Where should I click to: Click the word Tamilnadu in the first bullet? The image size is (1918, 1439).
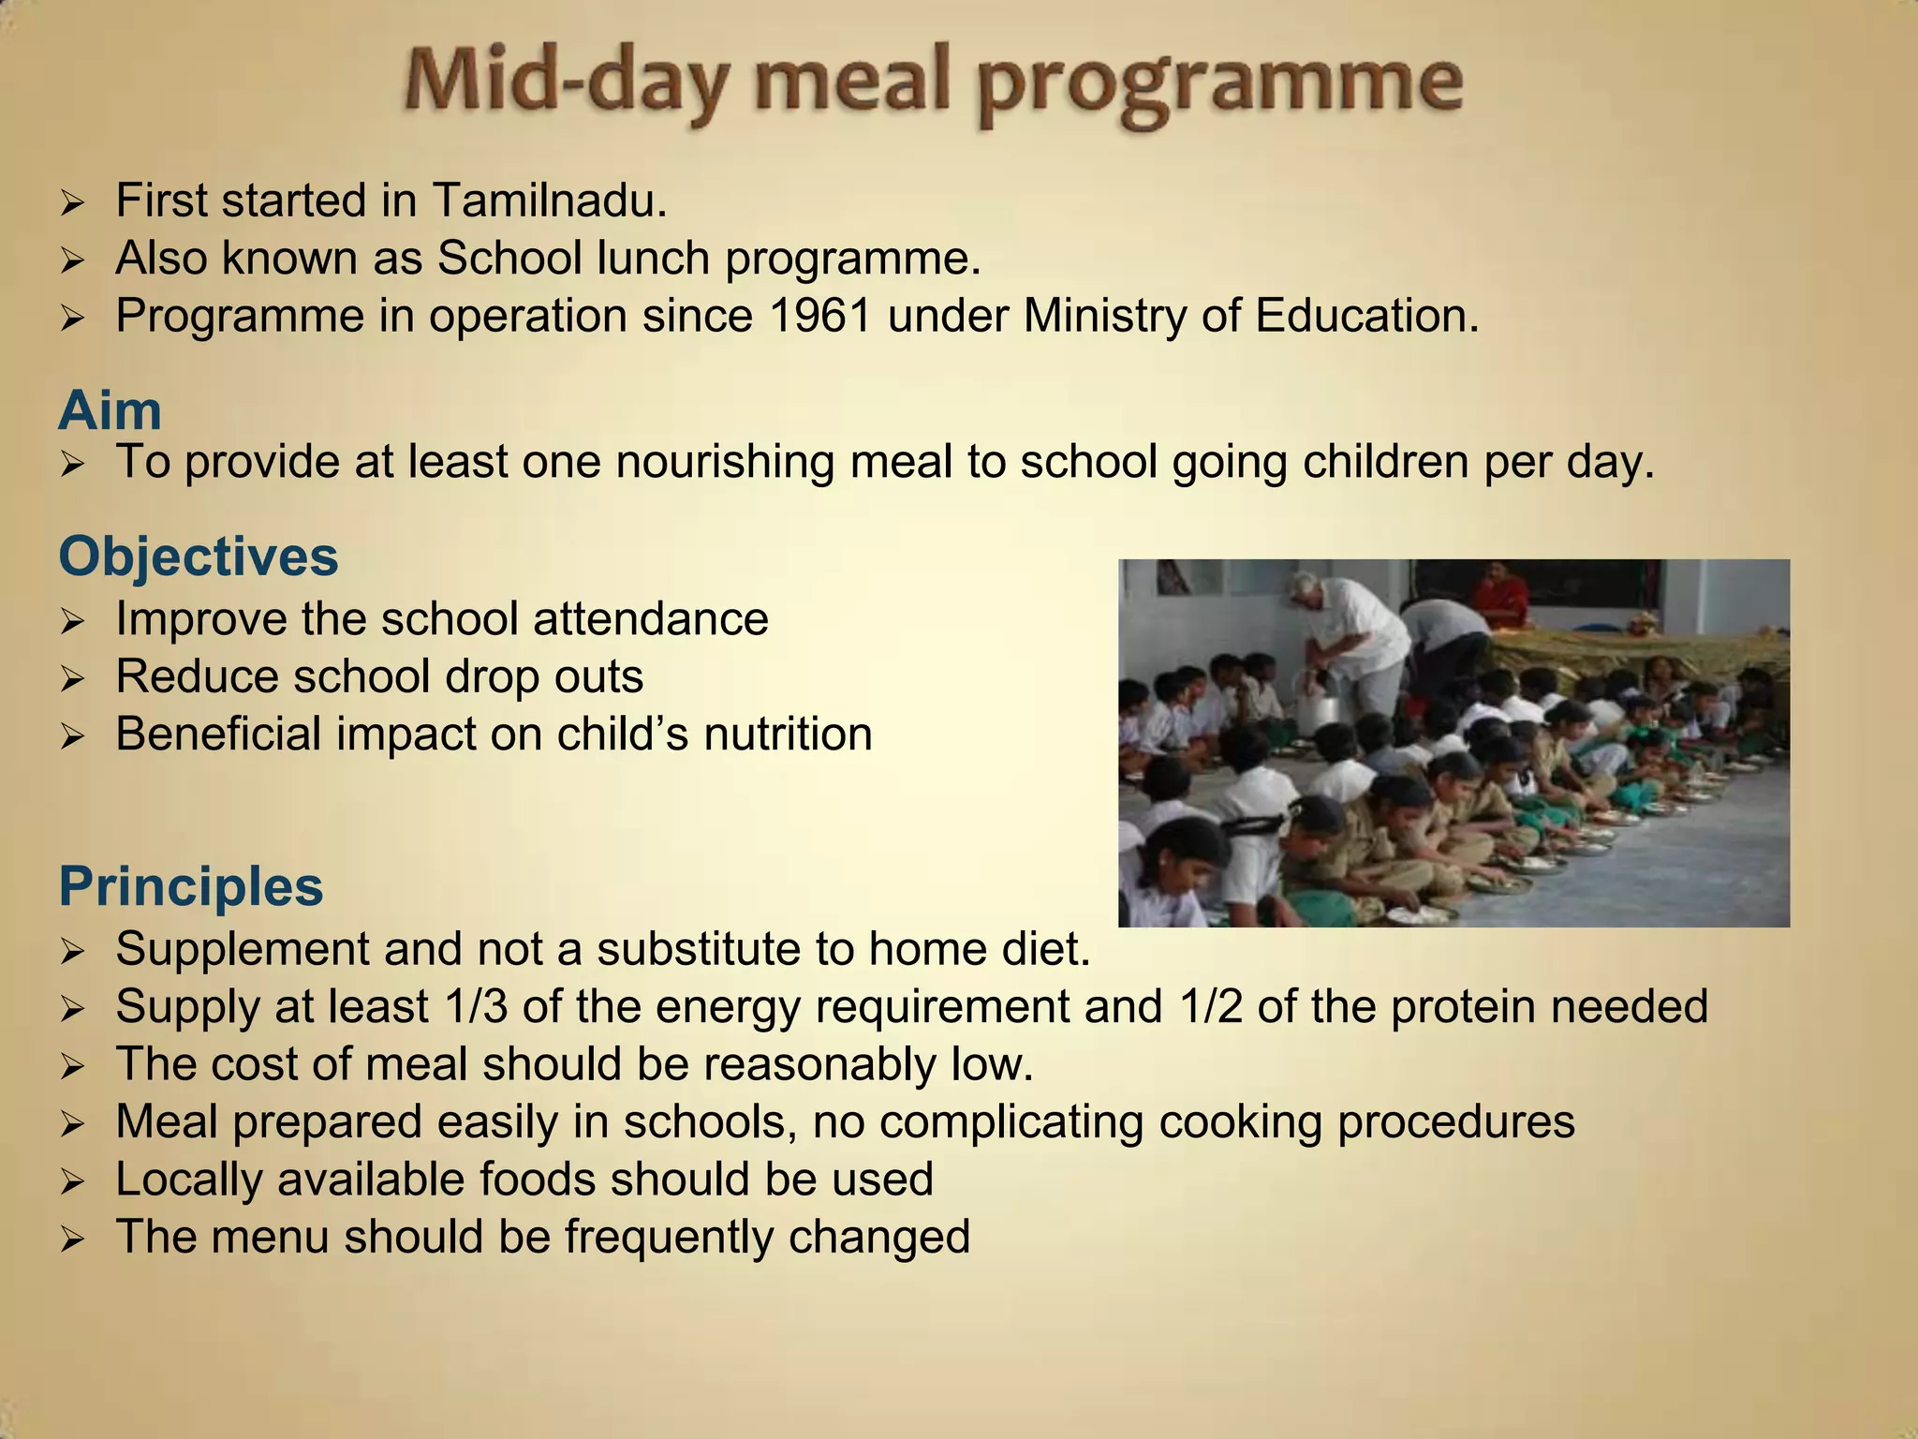(x=549, y=200)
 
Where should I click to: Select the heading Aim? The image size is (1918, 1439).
(x=110, y=410)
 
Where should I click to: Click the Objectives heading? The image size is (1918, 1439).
(x=198, y=556)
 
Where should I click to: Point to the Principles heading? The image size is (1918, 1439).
(x=190, y=885)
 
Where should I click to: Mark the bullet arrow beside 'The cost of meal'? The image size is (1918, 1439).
(x=72, y=1066)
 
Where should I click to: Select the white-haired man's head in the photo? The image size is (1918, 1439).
(x=1304, y=589)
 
